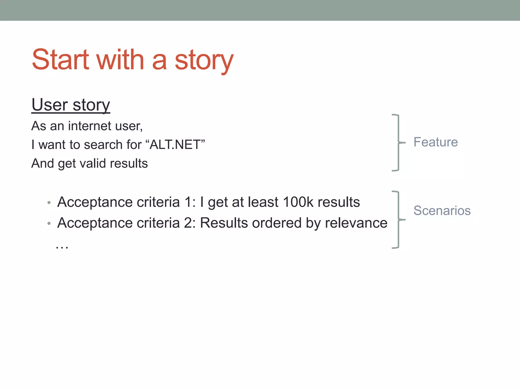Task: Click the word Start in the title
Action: pyautogui.click(x=60, y=60)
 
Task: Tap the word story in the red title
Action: pyautogui.click(x=204, y=61)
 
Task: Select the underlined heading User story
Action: pyautogui.click(x=71, y=105)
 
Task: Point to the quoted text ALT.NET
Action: pyautogui.click(x=175, y=145)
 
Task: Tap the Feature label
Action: pyautogui.click(x=435, y=142)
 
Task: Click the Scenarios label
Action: pyautogui.click(x=442, y=210)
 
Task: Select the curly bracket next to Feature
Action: pyautogui.click(x=398, y=143)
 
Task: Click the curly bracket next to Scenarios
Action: pyautogui.click(x=398, y=220)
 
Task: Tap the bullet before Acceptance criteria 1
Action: pyautogui.click(x=49, y=203)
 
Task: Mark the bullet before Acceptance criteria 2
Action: pyautogui.click(x=49, y=224)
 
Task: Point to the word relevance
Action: pyautogui.click(x=356, y=223)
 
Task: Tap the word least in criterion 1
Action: pyautogui.click(x=263, y=202)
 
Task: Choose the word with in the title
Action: pyautogui.click(x=120, y=60)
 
